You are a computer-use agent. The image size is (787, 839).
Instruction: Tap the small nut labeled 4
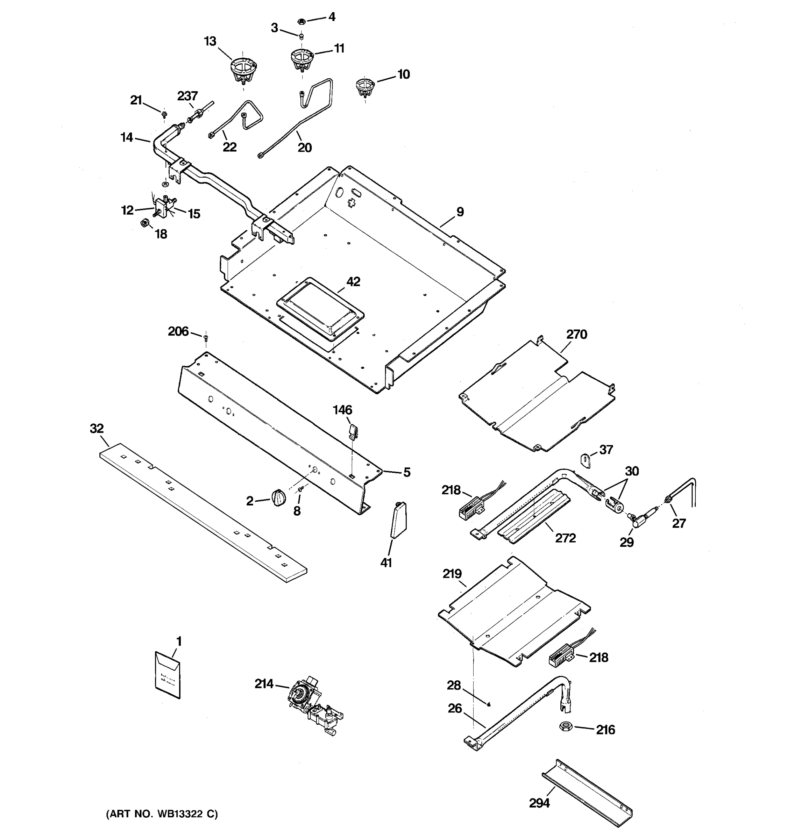point(302,21)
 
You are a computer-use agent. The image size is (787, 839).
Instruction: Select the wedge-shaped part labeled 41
point(398,519)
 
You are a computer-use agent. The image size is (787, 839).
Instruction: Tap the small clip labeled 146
point(353,431)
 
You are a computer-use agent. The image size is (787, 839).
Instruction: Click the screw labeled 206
point(206,338)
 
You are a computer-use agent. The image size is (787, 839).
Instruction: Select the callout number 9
point(460,212)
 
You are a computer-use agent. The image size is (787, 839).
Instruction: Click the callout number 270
point(576,334)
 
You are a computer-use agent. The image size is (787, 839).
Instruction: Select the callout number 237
point(187,96)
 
